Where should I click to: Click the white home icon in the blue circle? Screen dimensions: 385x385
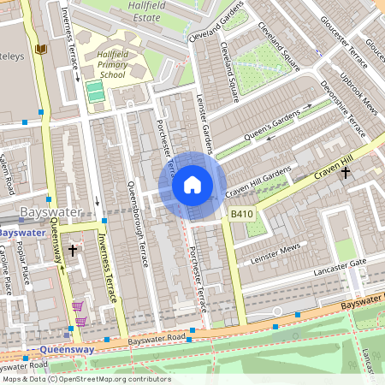(192, 185)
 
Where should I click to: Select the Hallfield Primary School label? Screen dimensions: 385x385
(114, 63)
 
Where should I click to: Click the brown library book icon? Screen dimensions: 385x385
(39, 49)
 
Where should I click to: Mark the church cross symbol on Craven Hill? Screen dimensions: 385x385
(346, 173)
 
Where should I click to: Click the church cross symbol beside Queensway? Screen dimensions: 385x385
(73, 251)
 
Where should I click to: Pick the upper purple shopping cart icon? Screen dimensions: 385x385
(77, 306)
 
